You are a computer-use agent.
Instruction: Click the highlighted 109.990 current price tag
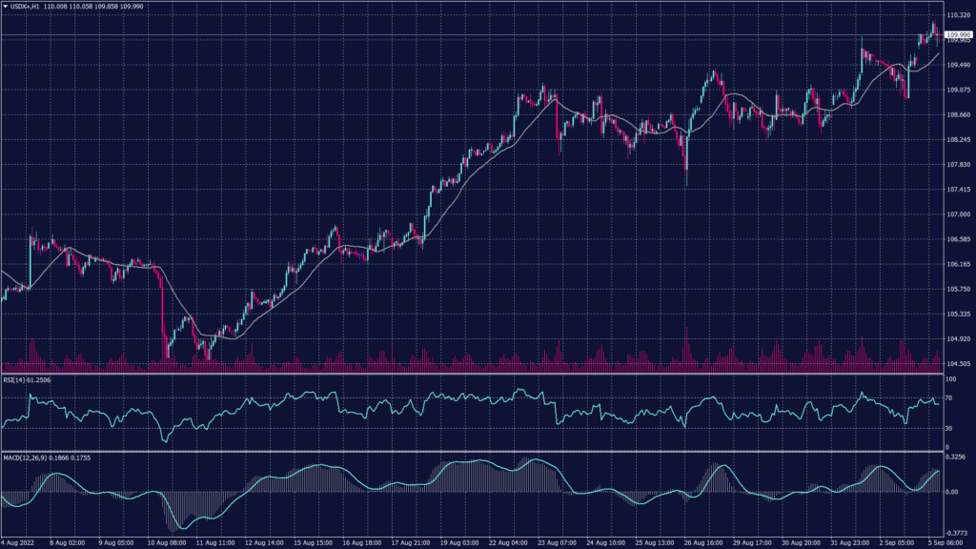coord(958,34)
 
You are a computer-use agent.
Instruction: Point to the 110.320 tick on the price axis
coord(957,16)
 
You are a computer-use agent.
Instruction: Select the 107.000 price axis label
coord(957,214)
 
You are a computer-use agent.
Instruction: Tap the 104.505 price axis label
coord(957,363)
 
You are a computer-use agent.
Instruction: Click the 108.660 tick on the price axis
coord(957,115)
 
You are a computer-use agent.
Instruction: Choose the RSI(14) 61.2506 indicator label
coord(27,379)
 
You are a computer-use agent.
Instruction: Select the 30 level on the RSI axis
coord(949,429)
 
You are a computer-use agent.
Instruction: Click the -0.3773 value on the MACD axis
coord(956,534)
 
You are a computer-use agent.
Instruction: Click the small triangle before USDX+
coord(5,6)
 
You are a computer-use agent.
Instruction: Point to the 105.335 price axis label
coord(957,314)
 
